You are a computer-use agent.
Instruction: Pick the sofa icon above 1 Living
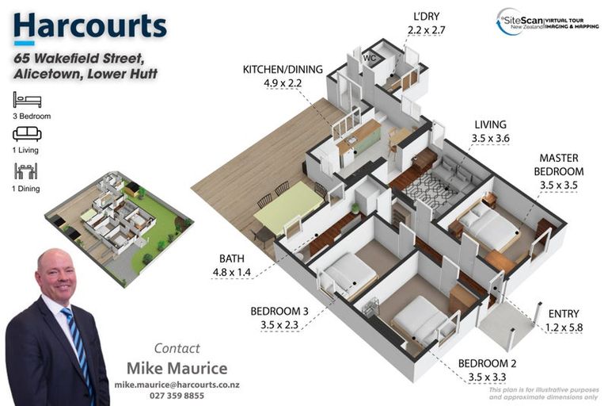(26, 134)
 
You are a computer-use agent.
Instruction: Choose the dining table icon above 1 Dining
(26, 170)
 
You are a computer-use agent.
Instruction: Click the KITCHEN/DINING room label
(283, 70)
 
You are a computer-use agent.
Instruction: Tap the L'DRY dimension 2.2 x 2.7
(427, 30)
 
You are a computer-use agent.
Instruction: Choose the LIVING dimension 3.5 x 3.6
(490, 137)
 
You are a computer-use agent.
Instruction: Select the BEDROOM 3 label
(279, 311)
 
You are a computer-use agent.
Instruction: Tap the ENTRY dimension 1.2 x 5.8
(563, 327)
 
